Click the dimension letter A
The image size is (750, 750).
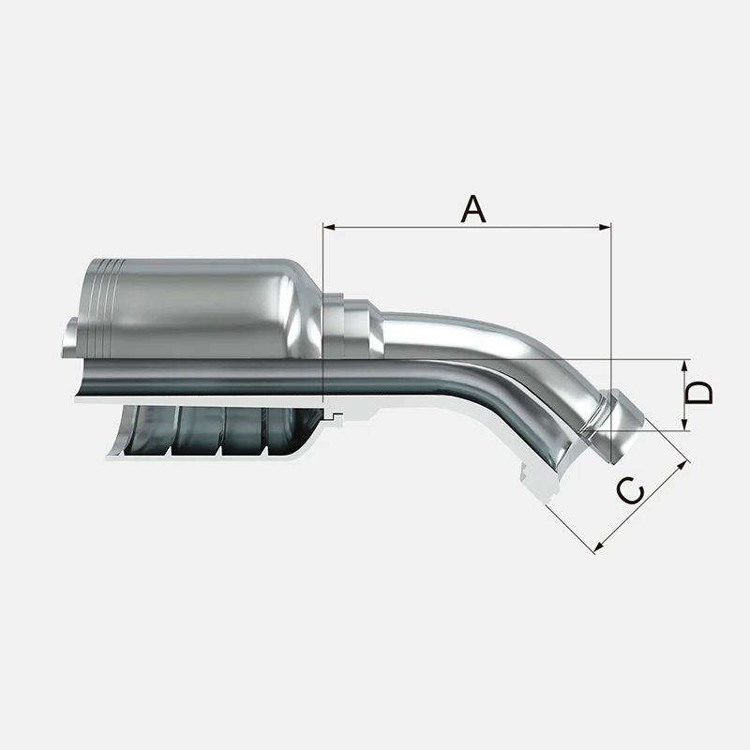[473, 209]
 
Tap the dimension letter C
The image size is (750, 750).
[630, 490]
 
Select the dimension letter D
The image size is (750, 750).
[699, 393]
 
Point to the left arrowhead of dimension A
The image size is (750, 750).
[329, 227]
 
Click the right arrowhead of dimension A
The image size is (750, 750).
[605, 227]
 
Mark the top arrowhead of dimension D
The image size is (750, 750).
[684, 366]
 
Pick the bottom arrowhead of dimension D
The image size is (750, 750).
[684, 425]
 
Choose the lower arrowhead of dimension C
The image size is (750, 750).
[599, 547]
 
